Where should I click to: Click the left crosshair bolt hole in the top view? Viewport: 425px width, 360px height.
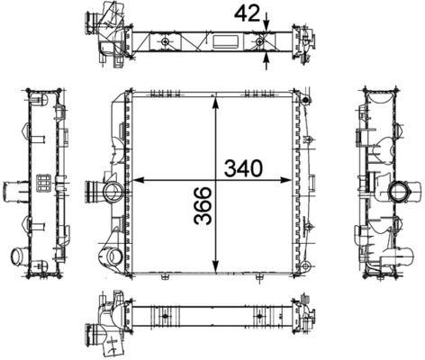point(167,43)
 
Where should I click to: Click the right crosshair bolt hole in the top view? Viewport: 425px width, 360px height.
point(259,43)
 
